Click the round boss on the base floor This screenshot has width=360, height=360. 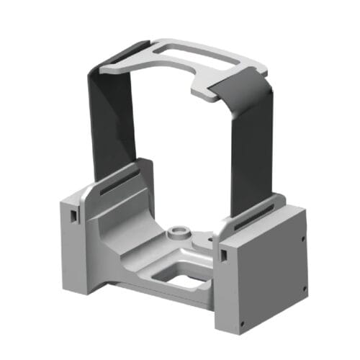coord(178,233)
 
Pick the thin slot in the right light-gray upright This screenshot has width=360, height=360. coord(259,212)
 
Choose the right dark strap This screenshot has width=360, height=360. coord(253,137)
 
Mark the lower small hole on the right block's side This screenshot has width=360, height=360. coord(305,287)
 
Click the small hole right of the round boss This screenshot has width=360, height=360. coord(209,235)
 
